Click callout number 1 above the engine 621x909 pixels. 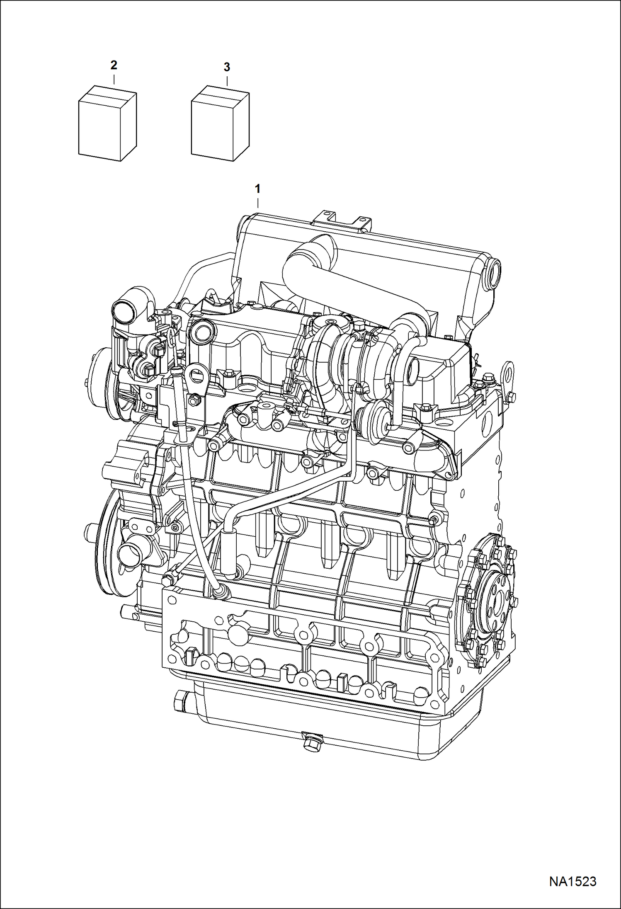tap(257, 189)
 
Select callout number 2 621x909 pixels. tap(114, 65)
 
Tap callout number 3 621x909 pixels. tap(226, 67)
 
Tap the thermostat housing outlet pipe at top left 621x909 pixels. tap(124, 312)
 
